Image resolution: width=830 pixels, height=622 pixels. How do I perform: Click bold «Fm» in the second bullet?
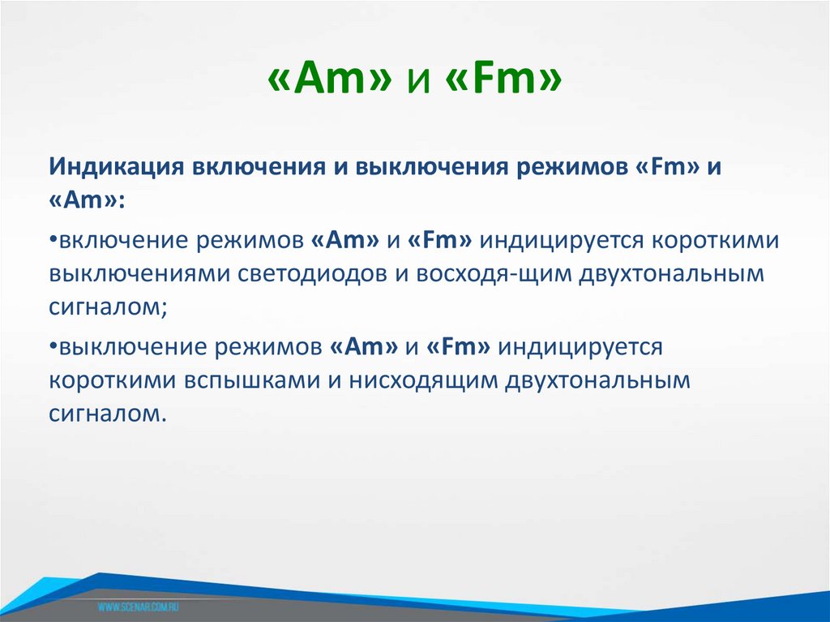(457, 347)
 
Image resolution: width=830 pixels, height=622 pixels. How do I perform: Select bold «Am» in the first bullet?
(344, 241)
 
